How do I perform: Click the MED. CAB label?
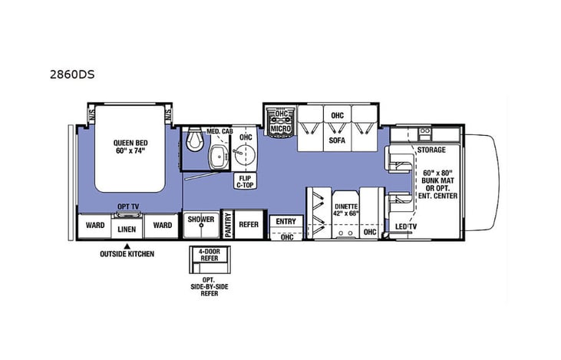click(220, 131)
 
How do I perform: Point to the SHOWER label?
click(201, 220)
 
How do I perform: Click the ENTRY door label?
click(285, 222)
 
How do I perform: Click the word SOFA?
click(336, 141)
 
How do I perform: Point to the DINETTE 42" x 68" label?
click(345, 210)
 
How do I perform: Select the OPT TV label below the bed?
click(128, 206)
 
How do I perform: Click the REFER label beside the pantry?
click(249, 225)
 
